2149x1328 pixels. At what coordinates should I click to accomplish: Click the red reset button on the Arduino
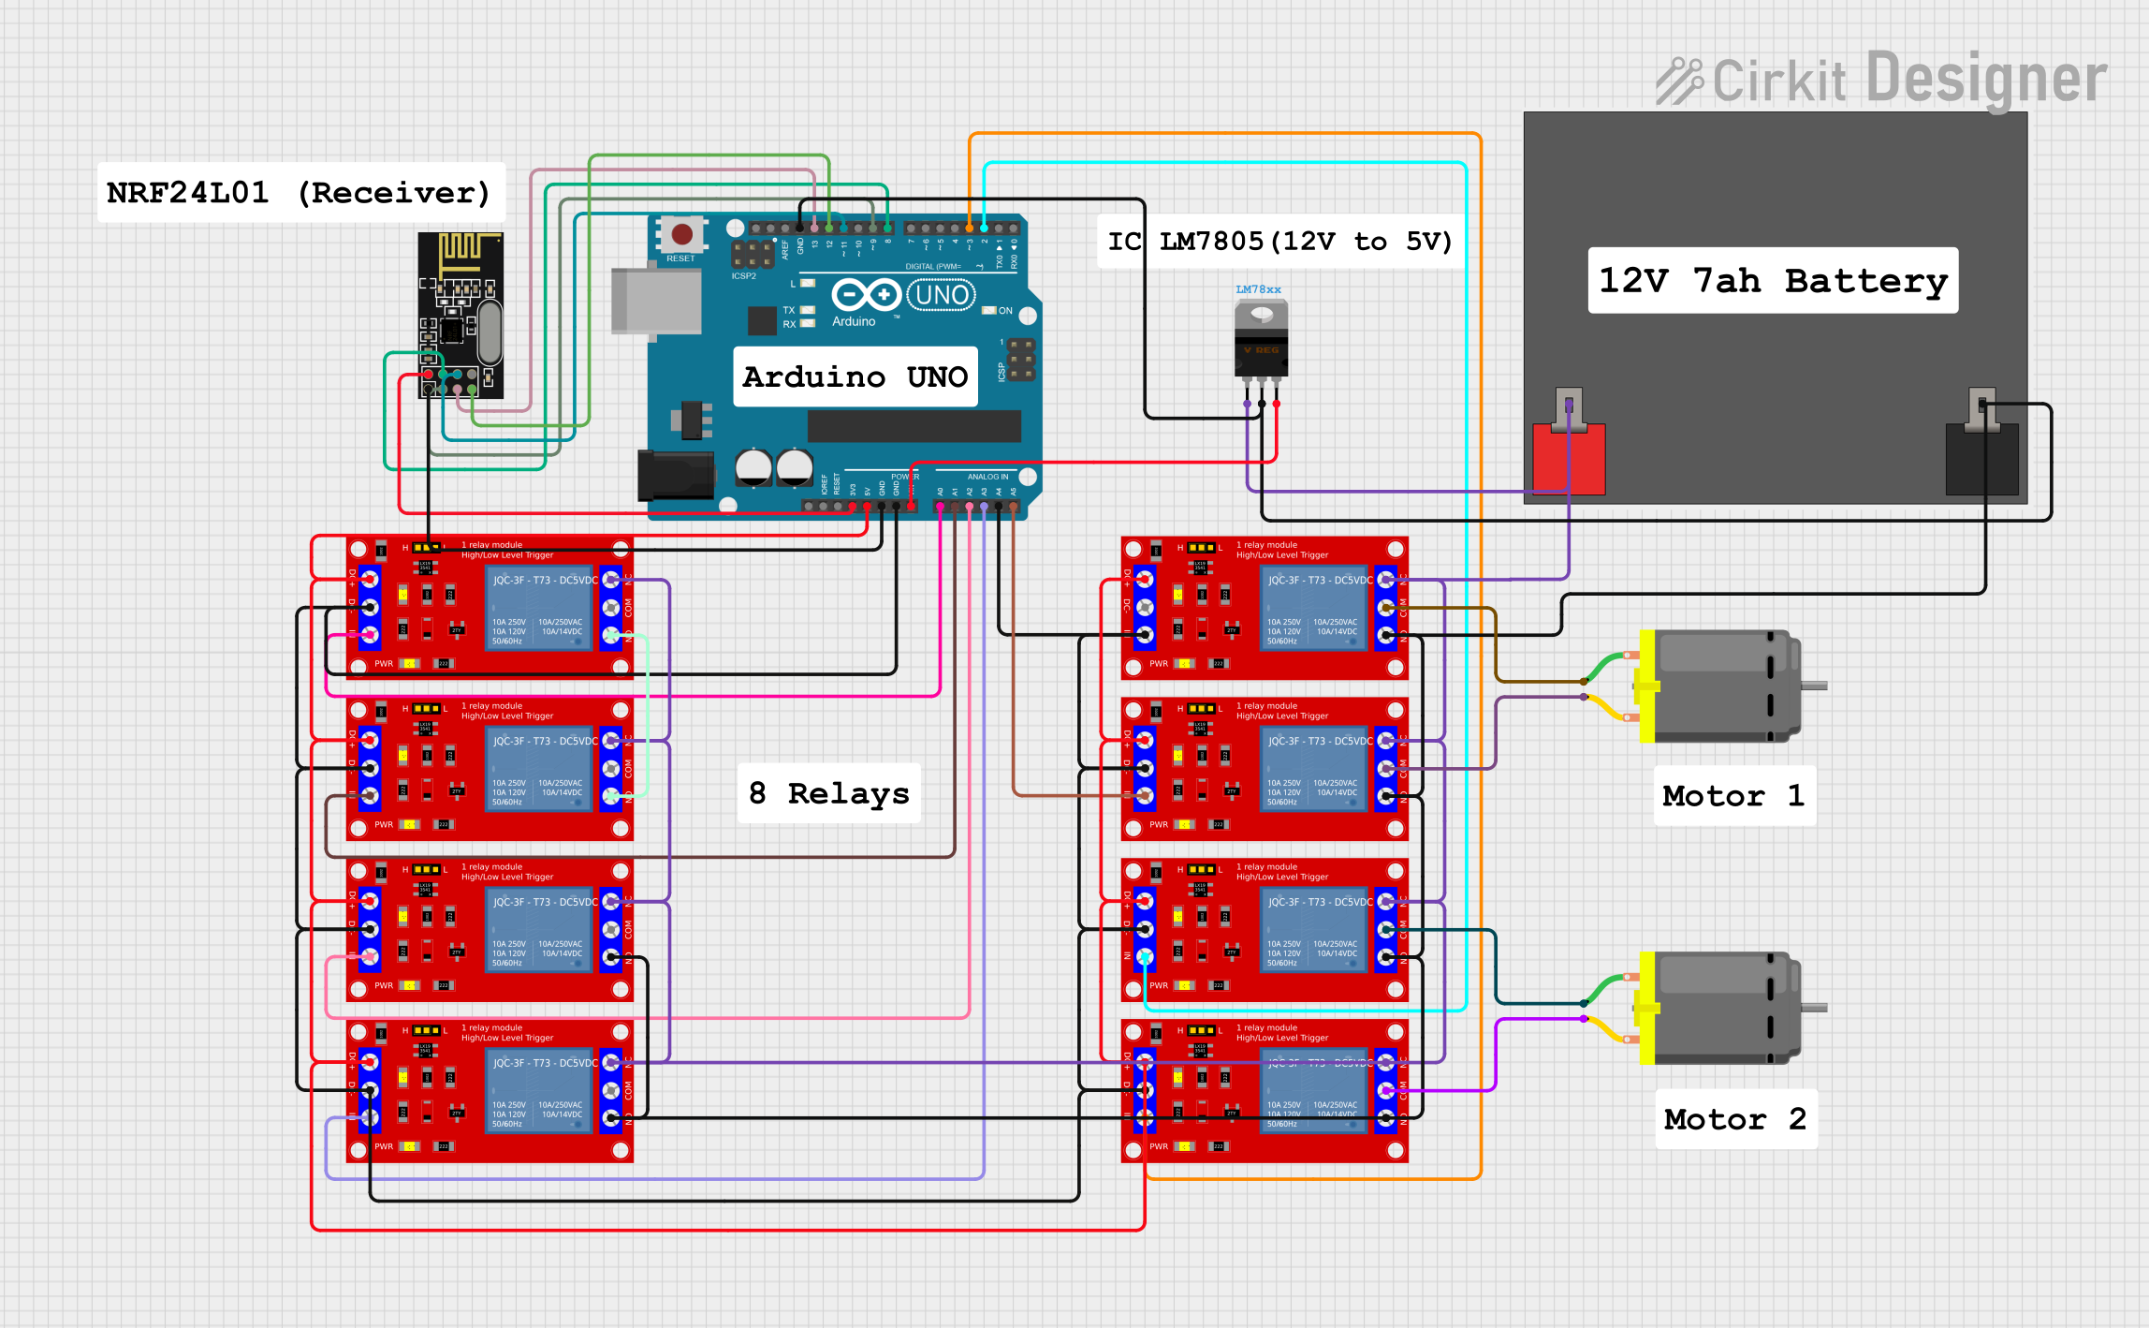682,234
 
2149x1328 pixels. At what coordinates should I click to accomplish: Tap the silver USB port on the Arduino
655,301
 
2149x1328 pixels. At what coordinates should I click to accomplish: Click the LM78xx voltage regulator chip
1261,343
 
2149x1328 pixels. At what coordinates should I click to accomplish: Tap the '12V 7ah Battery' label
1773,280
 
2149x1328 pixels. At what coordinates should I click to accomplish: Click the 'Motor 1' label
1733,795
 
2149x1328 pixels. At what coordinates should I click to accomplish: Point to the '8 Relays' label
829,793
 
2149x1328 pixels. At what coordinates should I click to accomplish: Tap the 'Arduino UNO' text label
855,376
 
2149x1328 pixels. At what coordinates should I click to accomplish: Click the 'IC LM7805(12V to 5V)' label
1279,242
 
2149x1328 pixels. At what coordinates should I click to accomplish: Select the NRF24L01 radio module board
460,315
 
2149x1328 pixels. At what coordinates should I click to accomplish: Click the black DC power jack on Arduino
675,475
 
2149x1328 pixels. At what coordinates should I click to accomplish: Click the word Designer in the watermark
1986,79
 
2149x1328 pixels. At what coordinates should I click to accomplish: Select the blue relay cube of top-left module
540,607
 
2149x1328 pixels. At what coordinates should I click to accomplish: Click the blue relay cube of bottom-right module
1315,1091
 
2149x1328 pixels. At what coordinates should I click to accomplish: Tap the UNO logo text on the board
942,295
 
